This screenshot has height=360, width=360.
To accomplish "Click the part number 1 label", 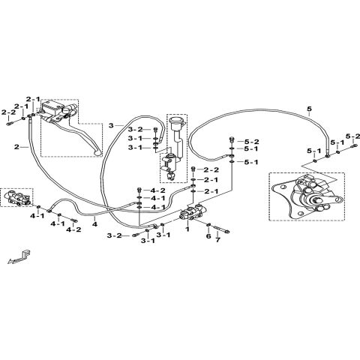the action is click(187, 229).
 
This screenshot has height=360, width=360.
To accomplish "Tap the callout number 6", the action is click(208, 236).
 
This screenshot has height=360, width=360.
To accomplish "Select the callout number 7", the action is click(218, 240).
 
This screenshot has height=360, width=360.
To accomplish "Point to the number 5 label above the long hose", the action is click(310, 109).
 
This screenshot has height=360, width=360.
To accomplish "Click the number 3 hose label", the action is click(111, 125).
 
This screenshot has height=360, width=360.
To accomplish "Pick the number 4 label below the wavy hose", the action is click(94, 224).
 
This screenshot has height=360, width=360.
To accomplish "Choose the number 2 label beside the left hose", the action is click(16, 147).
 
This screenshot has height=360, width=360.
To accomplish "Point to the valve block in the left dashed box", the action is click(16, 197).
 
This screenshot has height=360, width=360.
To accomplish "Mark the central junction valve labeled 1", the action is click(190, 214).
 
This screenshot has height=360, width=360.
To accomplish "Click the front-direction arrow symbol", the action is click(19, 257).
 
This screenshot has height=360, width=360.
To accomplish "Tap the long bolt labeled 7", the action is click(221, 229).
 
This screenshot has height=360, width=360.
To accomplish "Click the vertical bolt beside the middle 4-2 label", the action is click(139, 190).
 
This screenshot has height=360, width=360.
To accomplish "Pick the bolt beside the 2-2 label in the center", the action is click(193, 169).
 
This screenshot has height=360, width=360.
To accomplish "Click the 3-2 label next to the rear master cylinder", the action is click(135, 129).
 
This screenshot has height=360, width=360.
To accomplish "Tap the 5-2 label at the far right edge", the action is click(352, 136).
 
